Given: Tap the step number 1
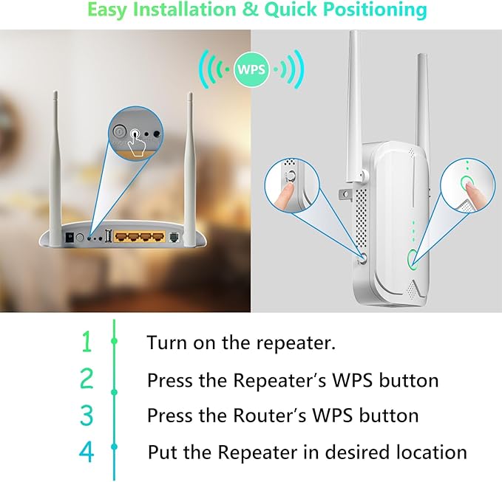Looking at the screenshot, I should [x=87, y=342].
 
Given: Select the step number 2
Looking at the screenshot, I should [x=87, y=379].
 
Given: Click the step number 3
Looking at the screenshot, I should [x=87, y=415].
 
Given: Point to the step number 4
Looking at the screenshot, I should [x=87, y=452].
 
